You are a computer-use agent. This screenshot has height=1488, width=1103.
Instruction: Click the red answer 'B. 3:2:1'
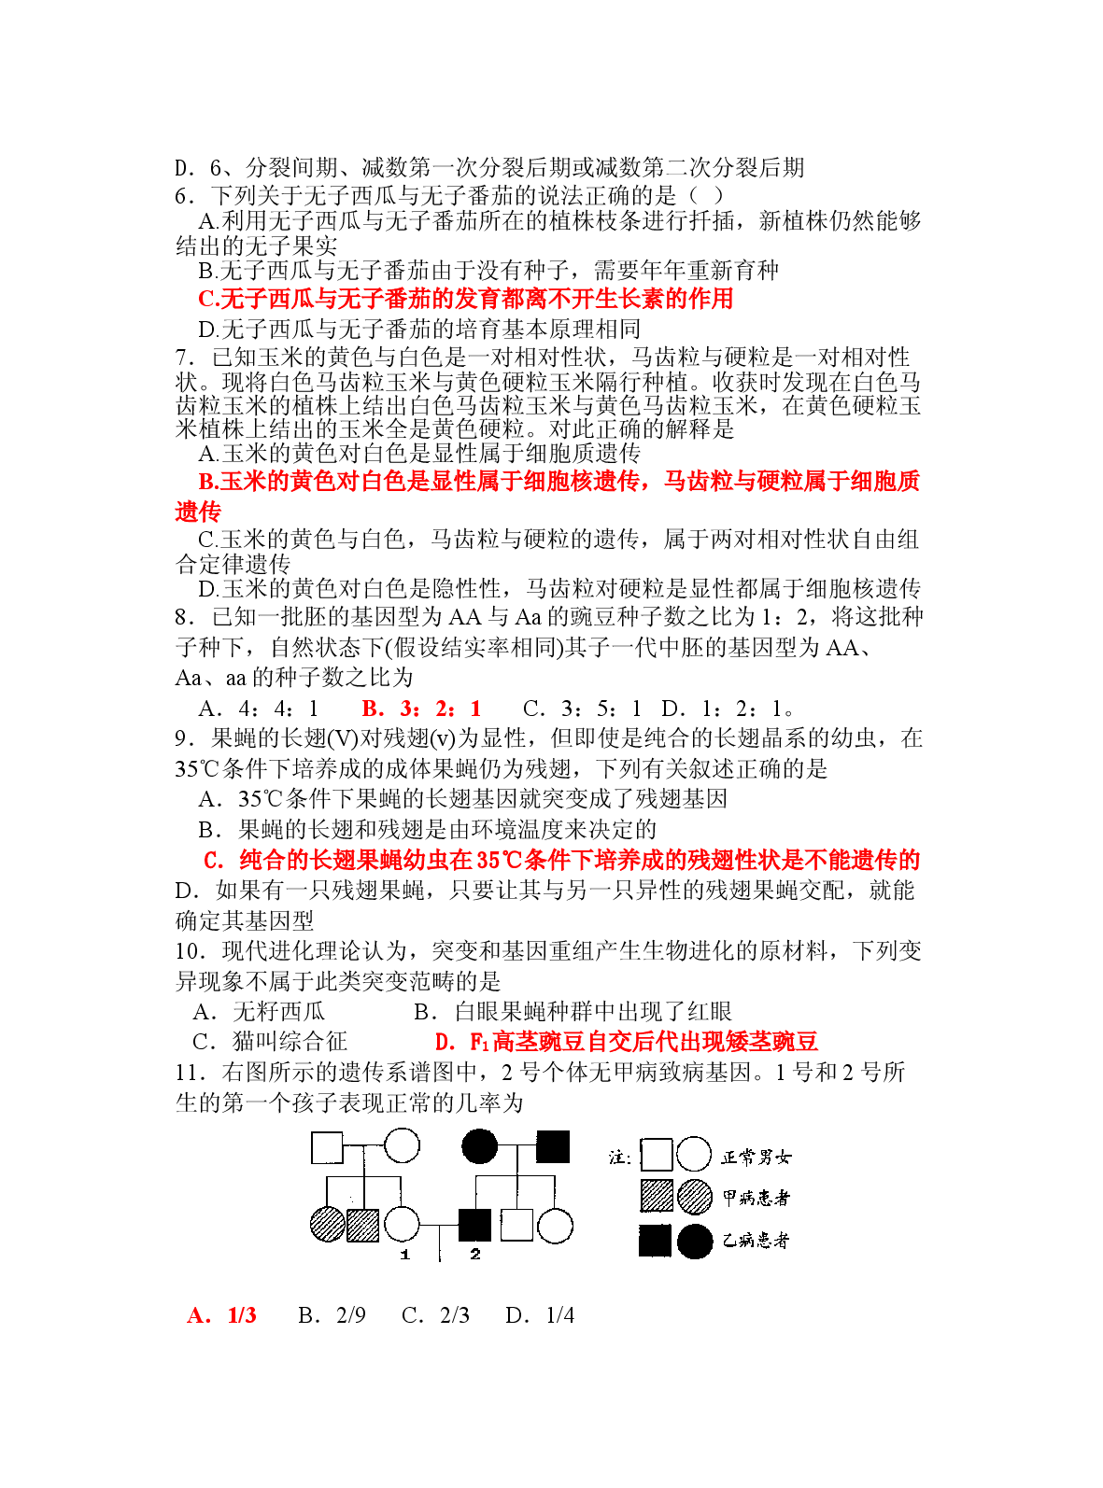coord(421,709)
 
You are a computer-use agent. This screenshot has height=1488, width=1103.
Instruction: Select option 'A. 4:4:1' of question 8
coord(259,709)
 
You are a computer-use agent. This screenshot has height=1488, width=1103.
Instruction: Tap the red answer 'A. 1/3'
coord(221,1315)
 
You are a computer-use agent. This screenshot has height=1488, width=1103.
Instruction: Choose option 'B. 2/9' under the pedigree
coord(332,1315)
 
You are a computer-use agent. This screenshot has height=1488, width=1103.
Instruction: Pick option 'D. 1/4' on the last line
coord(540,1315)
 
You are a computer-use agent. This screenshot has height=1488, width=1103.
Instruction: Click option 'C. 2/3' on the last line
coord(435,1315)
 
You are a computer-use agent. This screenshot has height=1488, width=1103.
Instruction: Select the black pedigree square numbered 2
coord(474,1225)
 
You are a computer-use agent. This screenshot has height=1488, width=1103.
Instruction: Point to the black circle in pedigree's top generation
coord(479,1145)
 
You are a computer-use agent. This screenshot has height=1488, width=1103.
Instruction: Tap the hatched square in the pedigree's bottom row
coord(363,1225)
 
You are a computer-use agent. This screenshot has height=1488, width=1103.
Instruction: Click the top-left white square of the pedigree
coord(327,1147)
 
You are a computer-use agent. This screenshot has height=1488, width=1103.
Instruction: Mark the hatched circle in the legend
coord(694,1197)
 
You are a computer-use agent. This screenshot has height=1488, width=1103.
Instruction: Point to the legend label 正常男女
coord(756,1158)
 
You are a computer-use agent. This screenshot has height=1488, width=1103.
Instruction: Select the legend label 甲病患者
coord(756,1199)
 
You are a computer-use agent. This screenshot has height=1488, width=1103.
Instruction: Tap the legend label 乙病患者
coord(756,1241)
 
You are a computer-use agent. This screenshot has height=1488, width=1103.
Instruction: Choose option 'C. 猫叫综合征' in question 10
coord(270,1041)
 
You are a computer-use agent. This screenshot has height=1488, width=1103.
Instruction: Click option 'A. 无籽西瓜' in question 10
coord(259,1011)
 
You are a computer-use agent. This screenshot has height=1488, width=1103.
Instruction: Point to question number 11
coord(190,1073)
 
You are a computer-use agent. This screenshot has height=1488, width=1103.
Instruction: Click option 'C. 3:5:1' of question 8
coord(581,709)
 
